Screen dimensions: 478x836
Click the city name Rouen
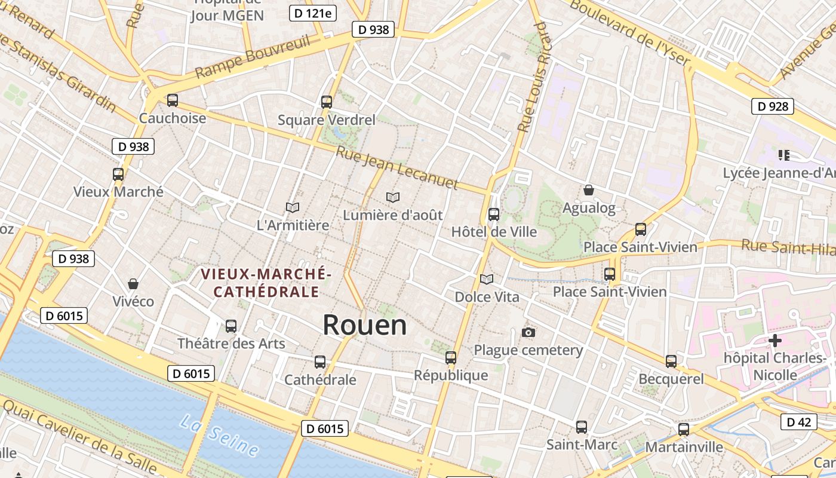click(x=365, y=325)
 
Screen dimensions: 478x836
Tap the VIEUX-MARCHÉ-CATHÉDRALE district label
click(x=266, y=283)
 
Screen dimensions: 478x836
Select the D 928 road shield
click(x=772, y=106)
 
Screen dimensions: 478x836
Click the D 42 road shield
click(x=798, y=422)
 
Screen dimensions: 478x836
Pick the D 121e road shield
click(x=312, y=13)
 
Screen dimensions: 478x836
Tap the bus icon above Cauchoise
click(x=173, y=100)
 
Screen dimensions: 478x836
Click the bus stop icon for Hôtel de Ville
click(x=494, y=214)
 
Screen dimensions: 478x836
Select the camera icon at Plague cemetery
click(x=528, y=332)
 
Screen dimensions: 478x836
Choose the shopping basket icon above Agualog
click(x=589, y=190)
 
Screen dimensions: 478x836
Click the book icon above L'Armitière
click(x=293, y=207)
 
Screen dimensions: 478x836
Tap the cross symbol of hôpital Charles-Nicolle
click(x=775, y=341)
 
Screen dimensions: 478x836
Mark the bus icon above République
click(x=451, y=358)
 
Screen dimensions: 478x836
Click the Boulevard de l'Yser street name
click(x=630, y=33)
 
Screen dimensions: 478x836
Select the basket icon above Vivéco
click(x=133, y=283)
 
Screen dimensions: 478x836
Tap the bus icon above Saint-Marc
click(x=582, y=427)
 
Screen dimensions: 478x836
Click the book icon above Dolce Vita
click(x=487, y=279)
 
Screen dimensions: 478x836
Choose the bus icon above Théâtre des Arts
click(x=231, y=326)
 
